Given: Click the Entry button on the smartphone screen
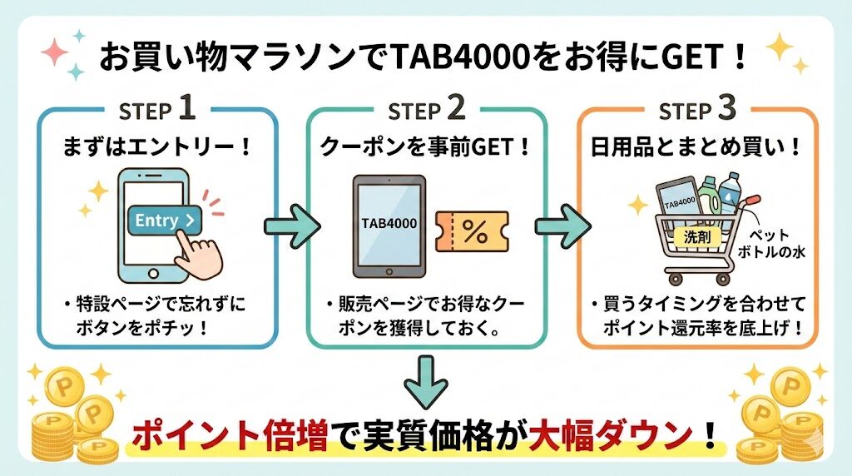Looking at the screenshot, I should pyautogui.click(x=165, y=221).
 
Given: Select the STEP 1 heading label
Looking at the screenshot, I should pyautogui.click(x=157, y=109).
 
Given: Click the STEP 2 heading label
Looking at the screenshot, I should pyautogui.click(x=428, y=109).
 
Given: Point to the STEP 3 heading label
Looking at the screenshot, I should pyautogui.click(x=697, y=109).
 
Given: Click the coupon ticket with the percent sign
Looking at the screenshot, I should pyautogui.click(x=473, y=233).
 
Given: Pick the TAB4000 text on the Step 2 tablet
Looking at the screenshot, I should pyautogui.click(x=389, y=224).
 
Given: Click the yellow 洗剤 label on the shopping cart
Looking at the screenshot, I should pyautogui.click(x=690, y=236).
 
